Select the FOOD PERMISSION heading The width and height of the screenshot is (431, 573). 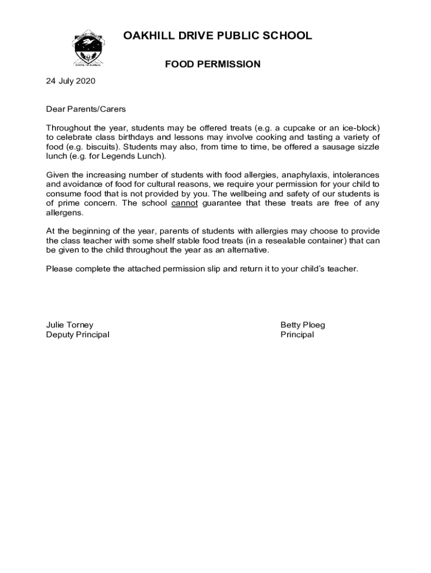[213, 64]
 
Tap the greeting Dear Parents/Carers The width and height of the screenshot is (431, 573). [86, 109]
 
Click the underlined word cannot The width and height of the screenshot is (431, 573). [185, 204]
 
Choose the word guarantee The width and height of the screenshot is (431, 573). [224, 204]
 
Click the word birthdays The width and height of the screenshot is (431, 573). [139, 138]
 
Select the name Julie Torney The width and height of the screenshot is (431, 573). [69, 325]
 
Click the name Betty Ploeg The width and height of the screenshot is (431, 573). [303, 325]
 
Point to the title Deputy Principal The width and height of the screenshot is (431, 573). [77, 335]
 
